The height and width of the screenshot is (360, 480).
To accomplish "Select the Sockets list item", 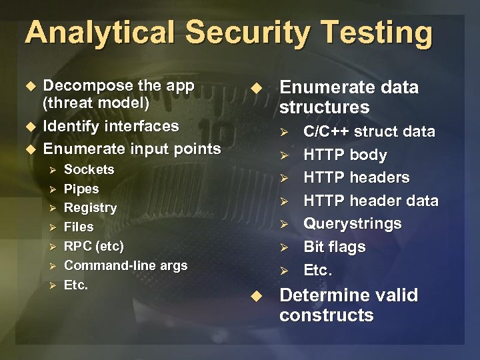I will pyautogui.click(x=89, y=170).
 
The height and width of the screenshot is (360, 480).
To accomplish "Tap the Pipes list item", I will pyautogui.click(x=81, y=189).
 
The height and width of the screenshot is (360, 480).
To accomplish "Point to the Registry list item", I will pyautogui.click(x=90, y=208).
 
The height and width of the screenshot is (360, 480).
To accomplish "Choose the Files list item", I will pyautogui.click(x=79, y=227).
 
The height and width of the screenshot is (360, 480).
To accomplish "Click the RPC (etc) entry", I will pyautogui.click(x=93, y=246).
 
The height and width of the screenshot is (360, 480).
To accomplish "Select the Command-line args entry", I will pyautogui.click(x=125, y=265).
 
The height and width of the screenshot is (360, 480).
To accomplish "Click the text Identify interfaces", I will pyautogui.click(x=111, y=126).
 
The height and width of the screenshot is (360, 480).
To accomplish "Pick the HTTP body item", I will pyautogui.click(x=345, y=155).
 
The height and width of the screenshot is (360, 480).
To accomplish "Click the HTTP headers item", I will pyautogui.click(x=356, y=178).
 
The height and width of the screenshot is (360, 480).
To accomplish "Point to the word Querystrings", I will pyautogui.click(x=352, y=224).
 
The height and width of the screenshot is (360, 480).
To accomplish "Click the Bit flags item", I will pyautogui.click(x=334, y=247).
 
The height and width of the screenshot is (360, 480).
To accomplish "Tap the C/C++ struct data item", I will pyautogui.click(x=369, y=132).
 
